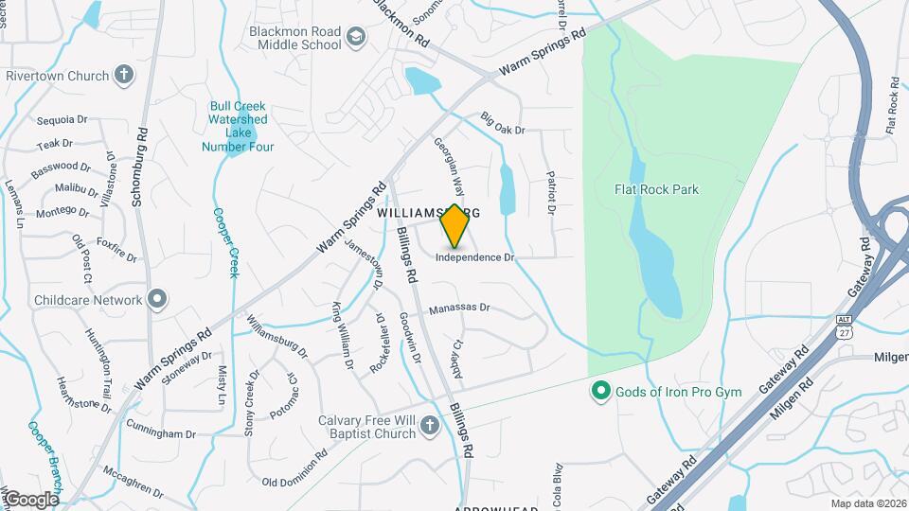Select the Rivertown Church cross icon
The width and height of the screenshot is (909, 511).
(124, 75)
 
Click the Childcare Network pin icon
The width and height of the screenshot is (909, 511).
(157, 300)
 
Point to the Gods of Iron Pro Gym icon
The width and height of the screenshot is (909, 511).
(599, 390)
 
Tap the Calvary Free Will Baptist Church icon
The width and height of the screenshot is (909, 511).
(429, 427)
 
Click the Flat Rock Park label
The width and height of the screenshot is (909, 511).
(656, 189)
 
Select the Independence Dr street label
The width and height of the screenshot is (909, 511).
(474, 257)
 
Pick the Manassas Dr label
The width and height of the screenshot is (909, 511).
(458, 308)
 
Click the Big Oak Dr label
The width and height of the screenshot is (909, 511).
(502, 123)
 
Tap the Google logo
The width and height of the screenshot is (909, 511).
(30, 499)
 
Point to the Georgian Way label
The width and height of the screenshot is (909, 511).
(450, 165)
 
